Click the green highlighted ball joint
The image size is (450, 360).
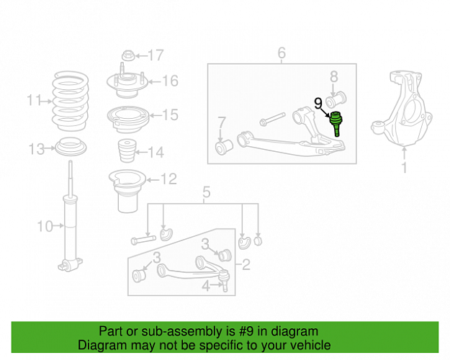tap(336, 123)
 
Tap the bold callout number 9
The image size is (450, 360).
tap(318, 104)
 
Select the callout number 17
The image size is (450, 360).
tap(156, 55)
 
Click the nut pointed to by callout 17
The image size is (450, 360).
tap(128, 55)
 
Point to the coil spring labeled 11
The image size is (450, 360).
tap(70, 101)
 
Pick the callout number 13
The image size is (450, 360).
tap(37, 149)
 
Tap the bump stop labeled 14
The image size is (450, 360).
tap(127, 151)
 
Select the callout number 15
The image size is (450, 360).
tap(170, 114)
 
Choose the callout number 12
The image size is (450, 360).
tap(168, 179)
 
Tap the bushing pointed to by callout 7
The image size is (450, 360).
tap(224, 147)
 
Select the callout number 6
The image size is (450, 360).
tap(282, 53)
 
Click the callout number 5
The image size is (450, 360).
tap(207, 192)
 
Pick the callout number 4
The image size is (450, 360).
tap(206, 286)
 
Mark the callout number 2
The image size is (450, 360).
tap(246, 264)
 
